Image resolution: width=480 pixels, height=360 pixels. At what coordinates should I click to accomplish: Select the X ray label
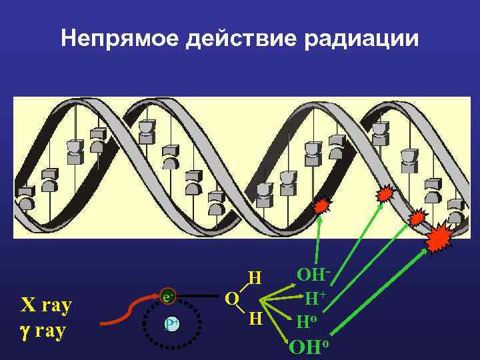pos(47,306)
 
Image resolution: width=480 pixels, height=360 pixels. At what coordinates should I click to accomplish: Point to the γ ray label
pos(43,331)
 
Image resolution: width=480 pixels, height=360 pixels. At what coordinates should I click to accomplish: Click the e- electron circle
pos(169,297)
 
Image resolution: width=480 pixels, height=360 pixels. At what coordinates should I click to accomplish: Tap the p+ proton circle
pos(171,325)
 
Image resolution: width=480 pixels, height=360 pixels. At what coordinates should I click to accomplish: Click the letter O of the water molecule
pos(231,298)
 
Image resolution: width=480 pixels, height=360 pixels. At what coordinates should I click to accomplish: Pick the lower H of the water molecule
pos(254,319)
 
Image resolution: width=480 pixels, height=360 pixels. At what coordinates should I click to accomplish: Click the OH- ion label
pos(313,275)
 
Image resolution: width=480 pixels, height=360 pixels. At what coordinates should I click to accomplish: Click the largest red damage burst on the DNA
pos(439,237)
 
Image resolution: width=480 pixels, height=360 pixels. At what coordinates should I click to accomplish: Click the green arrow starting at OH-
pos(325,240)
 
